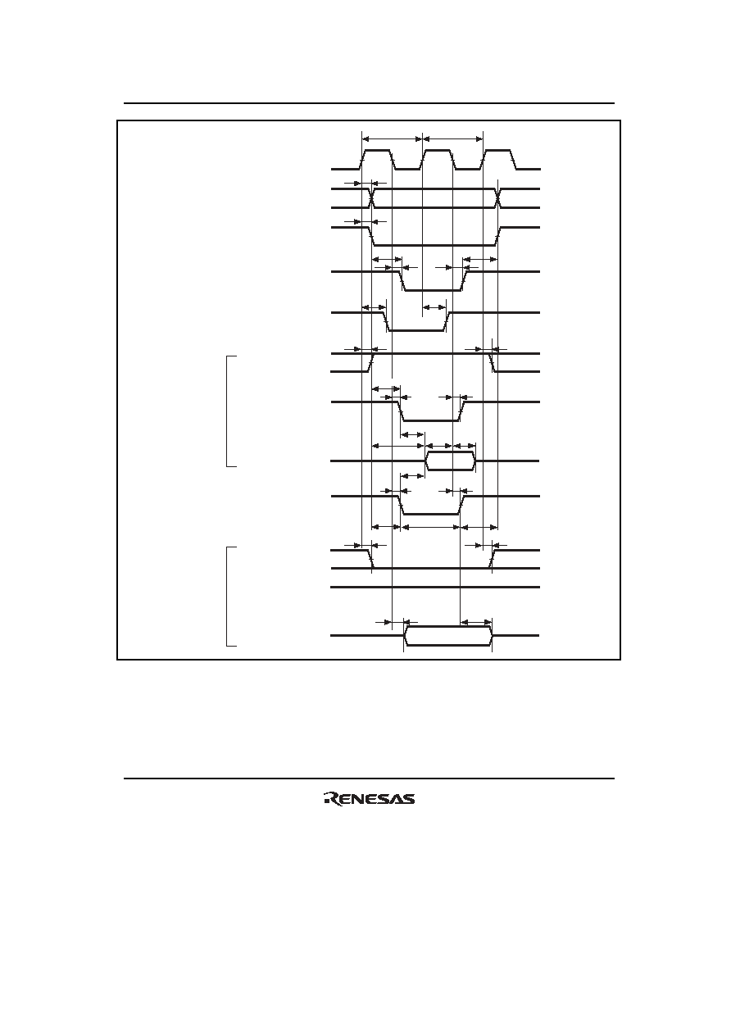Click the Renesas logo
[370, 799]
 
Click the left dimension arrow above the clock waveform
[392, 138]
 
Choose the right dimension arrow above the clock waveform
[453, 138]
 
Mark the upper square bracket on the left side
[227, 411]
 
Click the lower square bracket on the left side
[227, 596]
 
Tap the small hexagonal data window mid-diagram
[451, 461]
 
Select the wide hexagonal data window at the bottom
[447, 635]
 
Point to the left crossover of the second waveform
[371, 198]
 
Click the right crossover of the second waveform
[497, 198]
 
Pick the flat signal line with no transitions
[435, 588]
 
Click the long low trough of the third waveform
[434, 244]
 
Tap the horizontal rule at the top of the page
[369, 103]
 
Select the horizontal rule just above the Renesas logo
[369, 779]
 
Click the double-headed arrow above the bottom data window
[476, 622]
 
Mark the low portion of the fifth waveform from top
[416, 331]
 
